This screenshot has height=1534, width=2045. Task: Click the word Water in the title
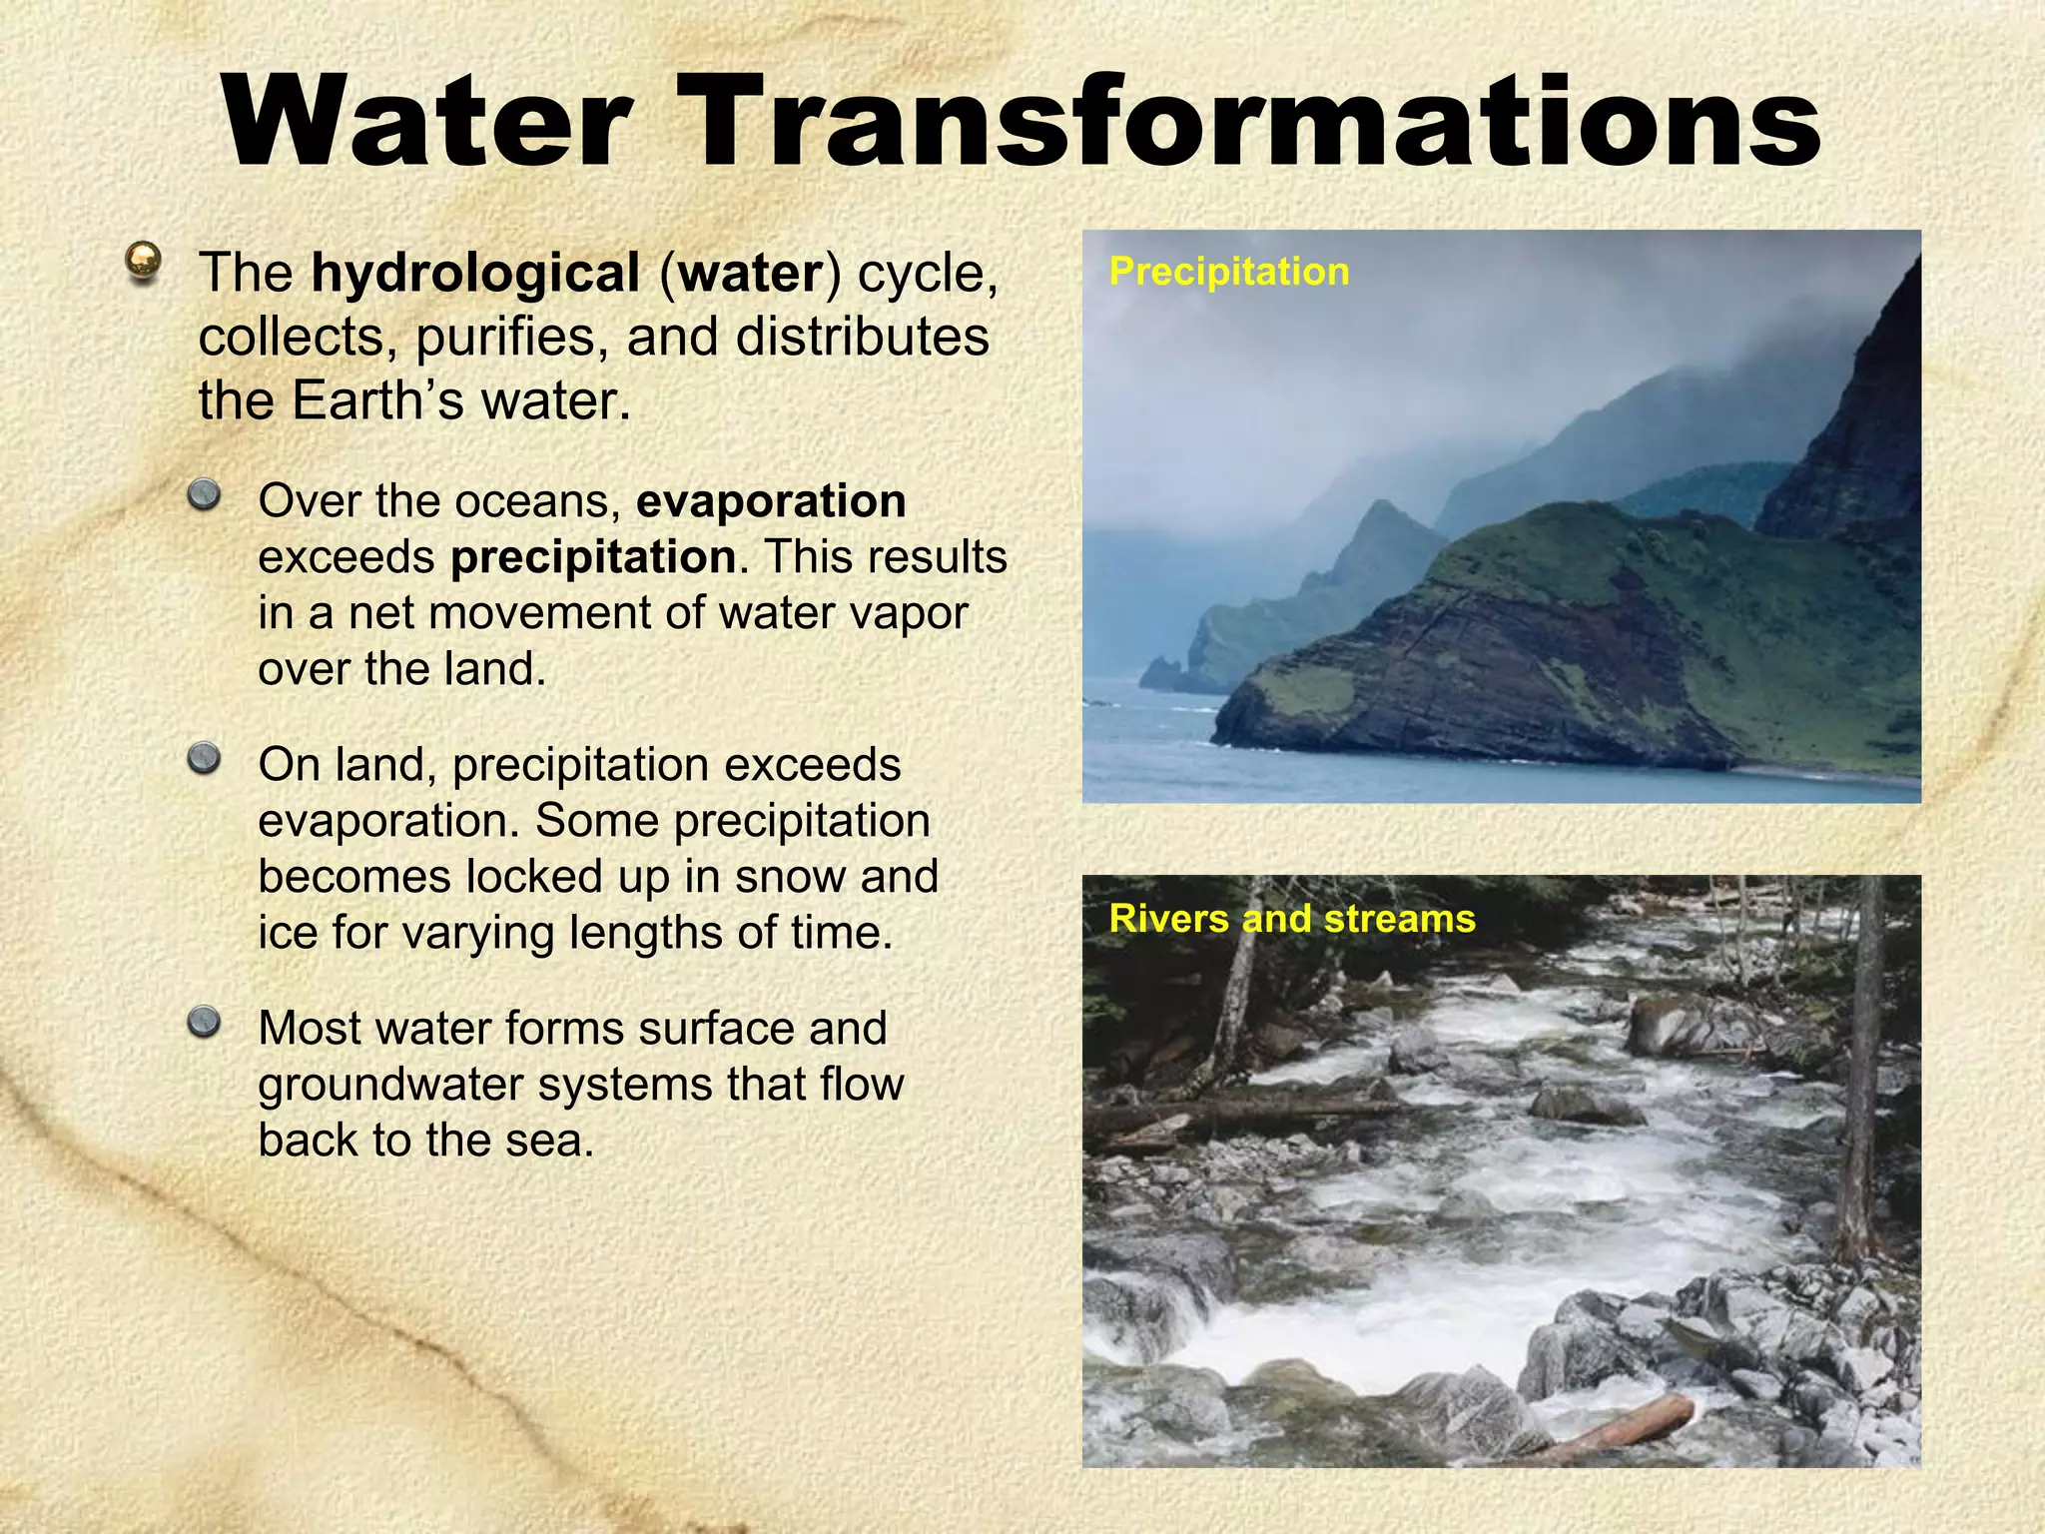pyautogui.click(x=427, y=124)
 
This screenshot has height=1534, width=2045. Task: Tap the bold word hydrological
pyautogui.click(x=475, y=273)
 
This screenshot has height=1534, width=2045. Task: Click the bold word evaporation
pyautogui.click(x=771, y=500)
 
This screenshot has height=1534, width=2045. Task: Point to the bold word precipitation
pyautogui.click(x=593, y=557)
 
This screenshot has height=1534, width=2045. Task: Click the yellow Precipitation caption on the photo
pyautogui.click(x=1228, y=272)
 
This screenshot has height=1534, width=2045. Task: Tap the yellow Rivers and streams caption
pyautogui.click(x=1291, y=919)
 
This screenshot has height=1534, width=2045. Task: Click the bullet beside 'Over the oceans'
pyautogui.click(x=205, y=494)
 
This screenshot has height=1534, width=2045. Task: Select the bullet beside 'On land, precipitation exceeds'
pyautogui.click(x=205, y=759)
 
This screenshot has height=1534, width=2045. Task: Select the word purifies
pyautogui.click(x=511, y=338)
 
